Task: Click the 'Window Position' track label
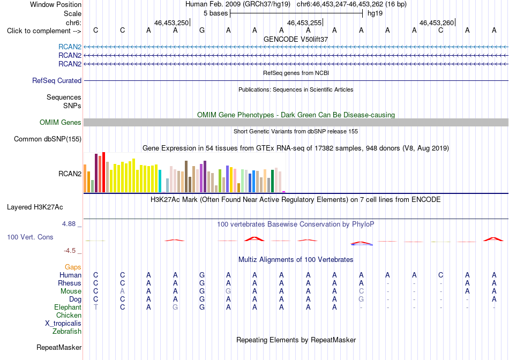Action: point(56,4)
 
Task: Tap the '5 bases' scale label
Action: point(215,13)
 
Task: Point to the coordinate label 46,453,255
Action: point(304,22)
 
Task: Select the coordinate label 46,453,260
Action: point(437,22)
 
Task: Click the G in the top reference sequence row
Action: point(202,30)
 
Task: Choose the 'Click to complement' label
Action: point(44,31)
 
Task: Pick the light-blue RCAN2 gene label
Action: point(70,47)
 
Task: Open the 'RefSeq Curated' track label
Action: point(57,80)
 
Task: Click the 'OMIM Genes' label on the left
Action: point(61,122)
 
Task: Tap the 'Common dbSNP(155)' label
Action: point(48,139)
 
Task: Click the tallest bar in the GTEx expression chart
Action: point(103,172)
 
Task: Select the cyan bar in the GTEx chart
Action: point(160,181)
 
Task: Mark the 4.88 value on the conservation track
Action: point(69,224)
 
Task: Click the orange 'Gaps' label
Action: point(73,267)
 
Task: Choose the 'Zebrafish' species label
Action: point(67,332)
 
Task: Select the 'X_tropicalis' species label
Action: point(63,324)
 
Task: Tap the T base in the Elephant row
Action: point(96,307)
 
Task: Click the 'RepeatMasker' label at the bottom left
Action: point(59,347)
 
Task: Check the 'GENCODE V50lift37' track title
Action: point(296,39)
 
